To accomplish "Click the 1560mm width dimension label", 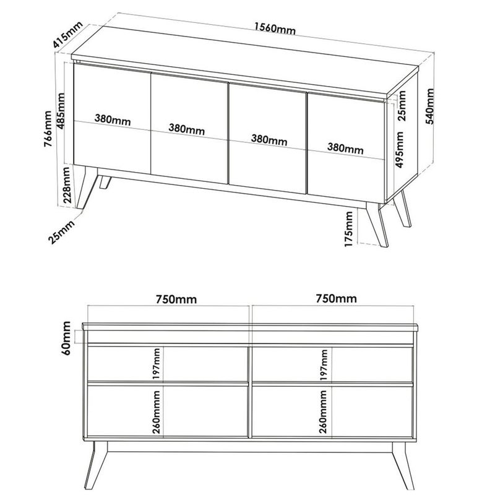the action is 275,28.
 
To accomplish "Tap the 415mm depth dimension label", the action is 67,35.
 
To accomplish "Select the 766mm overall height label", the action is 48,129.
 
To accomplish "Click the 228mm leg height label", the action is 66,185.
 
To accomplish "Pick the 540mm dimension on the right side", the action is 429,106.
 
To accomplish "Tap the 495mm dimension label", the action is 399,150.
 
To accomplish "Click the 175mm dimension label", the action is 348,229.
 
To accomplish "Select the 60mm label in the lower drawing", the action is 67,338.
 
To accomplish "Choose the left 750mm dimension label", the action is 176,299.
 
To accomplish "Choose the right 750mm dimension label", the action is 336,298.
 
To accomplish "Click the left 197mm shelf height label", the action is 157,364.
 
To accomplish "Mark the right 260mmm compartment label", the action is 322,411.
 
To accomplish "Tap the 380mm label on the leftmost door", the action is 113,119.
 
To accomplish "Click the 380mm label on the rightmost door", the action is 345,148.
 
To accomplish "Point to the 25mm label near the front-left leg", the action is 61,232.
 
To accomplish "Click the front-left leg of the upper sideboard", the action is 86,187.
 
